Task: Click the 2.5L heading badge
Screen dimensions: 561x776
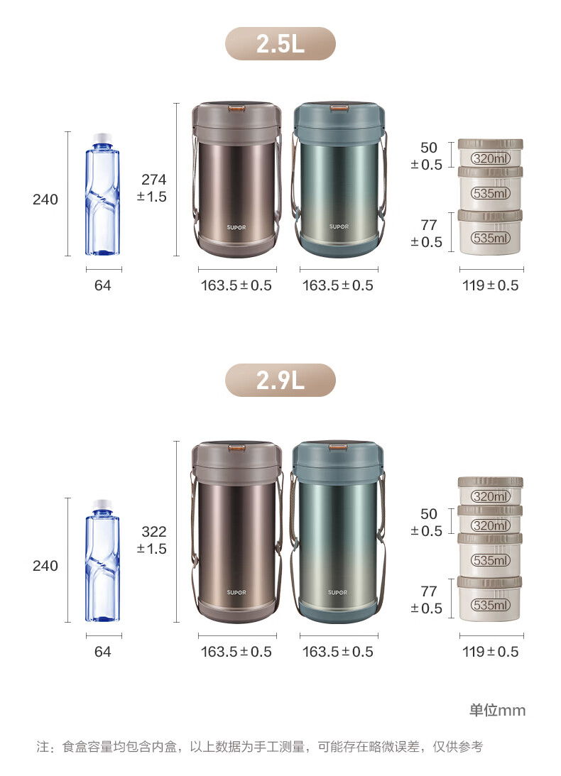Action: point(280,43)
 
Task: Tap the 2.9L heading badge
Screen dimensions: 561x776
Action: point(280,380)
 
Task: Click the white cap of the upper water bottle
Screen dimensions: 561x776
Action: point(102,137)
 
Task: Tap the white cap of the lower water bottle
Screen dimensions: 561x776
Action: point(102,504)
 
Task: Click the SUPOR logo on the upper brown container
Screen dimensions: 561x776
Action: point(236,227)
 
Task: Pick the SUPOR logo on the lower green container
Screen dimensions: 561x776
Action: point(338,592)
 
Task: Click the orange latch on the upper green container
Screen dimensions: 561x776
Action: point(339,107)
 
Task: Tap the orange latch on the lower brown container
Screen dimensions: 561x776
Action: point(237,449)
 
